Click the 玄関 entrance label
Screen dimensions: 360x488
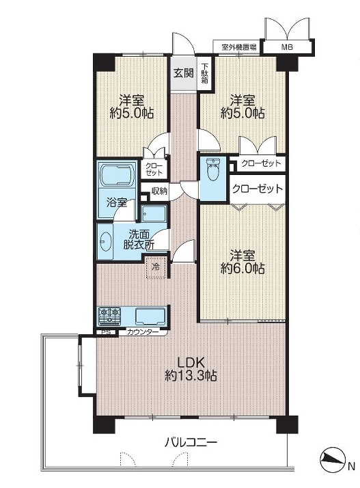pos(184,73)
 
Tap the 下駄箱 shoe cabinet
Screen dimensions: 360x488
pos(205,74)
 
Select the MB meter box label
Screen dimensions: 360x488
pos(287,48)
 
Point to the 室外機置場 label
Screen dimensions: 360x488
pos(239,47)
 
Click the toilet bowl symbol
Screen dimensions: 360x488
pos(213,170)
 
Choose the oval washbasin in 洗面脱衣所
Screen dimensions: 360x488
pos(107,241)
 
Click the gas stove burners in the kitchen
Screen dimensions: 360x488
pos(109,316)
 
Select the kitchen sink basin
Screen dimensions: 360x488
pos(150,316)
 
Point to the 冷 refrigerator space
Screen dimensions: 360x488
pos(156,267)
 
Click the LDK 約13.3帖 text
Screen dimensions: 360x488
pos(191,369)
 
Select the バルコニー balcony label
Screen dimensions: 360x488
pos(191,442)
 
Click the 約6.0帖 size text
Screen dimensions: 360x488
pos(243,268)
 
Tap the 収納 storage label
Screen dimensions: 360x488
pos(159,191)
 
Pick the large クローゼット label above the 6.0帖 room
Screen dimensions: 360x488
pos(258,189)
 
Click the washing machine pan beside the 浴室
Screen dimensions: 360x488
pos(154,213)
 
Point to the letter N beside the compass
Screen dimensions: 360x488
pos(351,466)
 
